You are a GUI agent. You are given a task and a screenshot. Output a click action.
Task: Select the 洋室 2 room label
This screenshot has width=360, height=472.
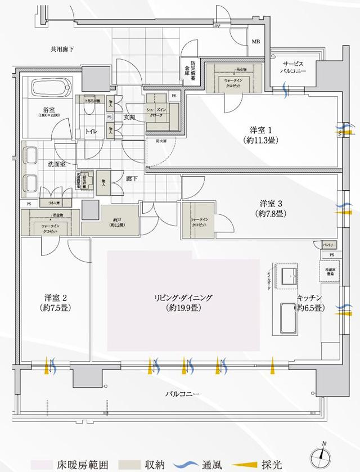(55, 302)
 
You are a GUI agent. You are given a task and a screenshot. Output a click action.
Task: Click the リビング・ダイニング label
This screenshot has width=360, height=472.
(184, 302)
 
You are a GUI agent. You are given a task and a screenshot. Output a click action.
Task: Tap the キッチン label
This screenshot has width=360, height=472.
(309, 303)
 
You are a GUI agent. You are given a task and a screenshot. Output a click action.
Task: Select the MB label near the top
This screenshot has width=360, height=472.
(256, 42)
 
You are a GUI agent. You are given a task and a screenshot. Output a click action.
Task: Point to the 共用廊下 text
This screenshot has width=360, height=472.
(62, 50)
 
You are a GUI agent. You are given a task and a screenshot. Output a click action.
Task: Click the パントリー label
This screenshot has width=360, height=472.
(330, 245)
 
